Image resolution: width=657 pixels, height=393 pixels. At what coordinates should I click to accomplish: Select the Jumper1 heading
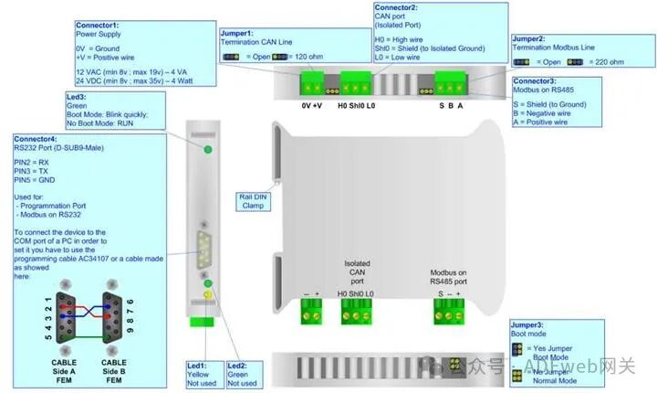point(240,33)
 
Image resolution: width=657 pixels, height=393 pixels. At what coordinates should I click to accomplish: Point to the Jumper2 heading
point(533,39)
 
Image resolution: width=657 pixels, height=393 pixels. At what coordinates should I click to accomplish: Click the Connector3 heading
point(537,82)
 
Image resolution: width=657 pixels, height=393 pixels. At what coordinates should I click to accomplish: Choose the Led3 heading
point(77,96)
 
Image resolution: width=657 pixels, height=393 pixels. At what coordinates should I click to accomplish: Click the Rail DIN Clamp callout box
point(252,200)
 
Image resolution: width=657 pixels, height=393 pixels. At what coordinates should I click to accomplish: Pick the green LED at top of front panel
point(207,149)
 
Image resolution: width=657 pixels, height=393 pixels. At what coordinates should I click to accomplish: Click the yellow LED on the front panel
point(207,295)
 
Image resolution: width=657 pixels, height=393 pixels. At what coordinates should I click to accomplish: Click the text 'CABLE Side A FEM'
point(65,371)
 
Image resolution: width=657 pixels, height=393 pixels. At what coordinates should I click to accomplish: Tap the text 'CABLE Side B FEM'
point(114,371)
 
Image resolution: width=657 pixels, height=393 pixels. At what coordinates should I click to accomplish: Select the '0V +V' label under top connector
point(312,106)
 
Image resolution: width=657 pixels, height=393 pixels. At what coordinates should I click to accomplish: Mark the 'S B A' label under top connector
point(451,106)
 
